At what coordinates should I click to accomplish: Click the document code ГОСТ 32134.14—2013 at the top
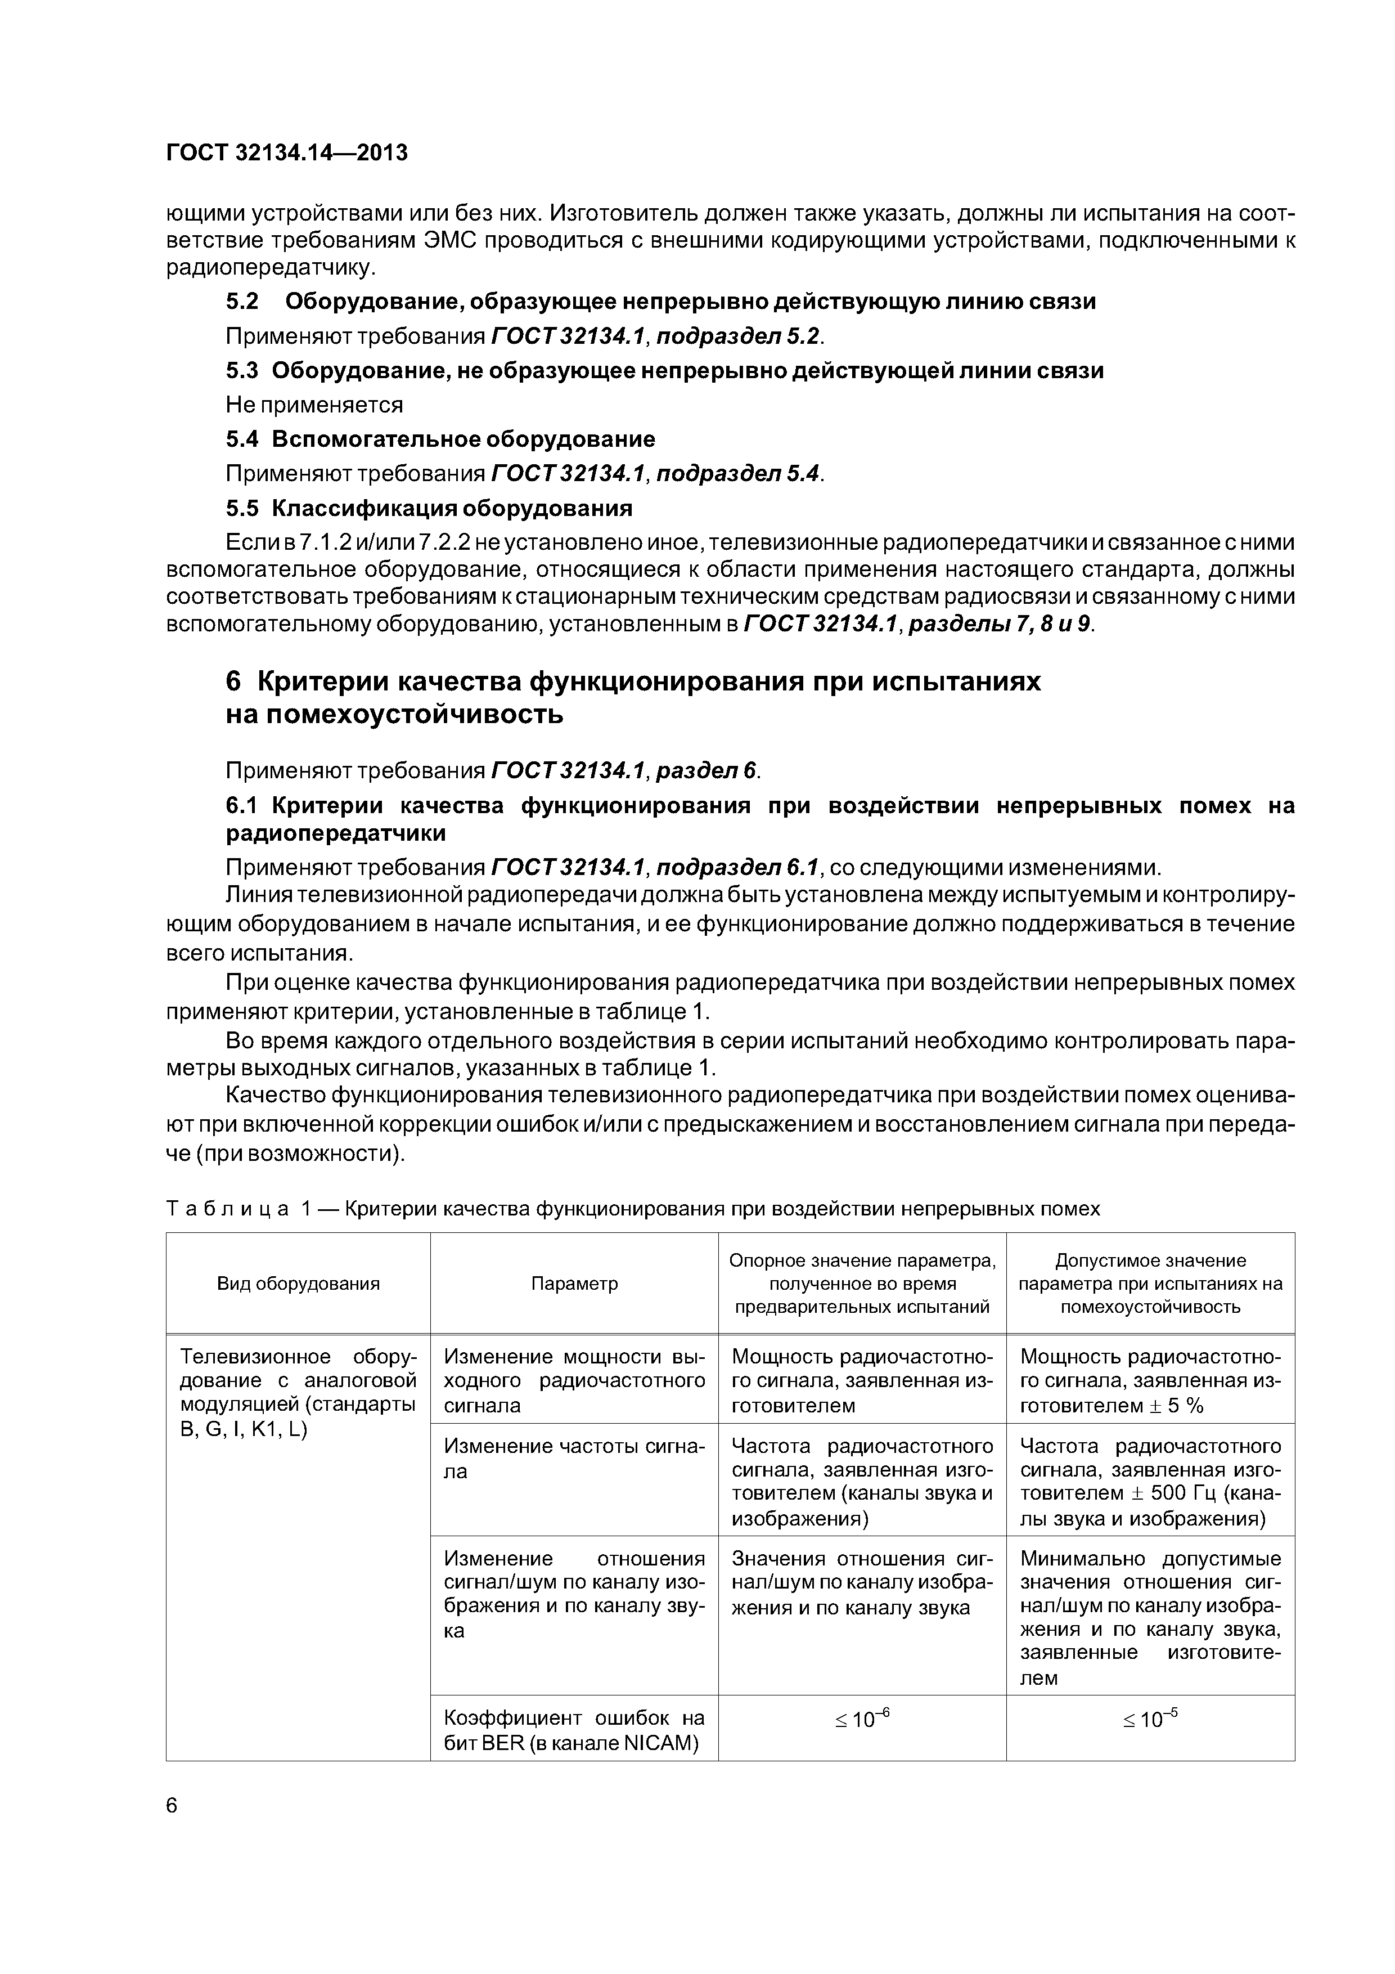[286, 153]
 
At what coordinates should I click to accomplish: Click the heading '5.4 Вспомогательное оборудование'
[440, 439]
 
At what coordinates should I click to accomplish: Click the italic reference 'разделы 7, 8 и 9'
[1001, 623]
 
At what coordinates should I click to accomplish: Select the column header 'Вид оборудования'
[298, 1285]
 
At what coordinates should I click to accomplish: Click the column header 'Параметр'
[574, 1285]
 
